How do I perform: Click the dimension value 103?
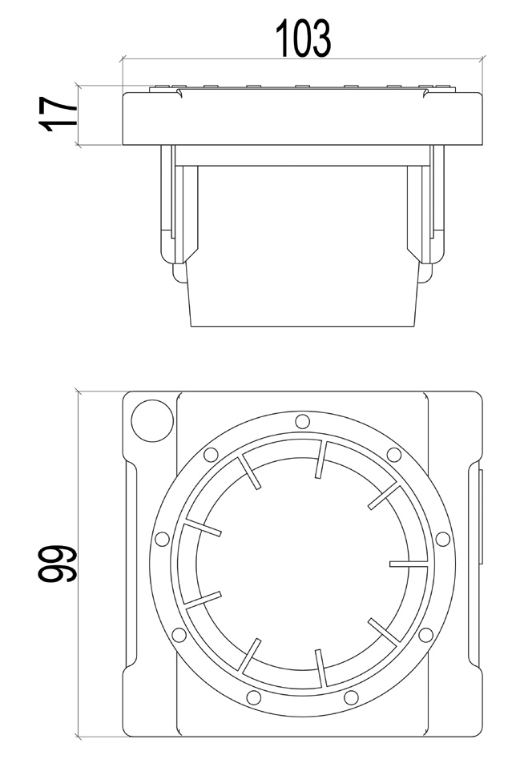tap(303, 39)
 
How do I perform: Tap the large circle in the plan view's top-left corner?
tap(152, 420)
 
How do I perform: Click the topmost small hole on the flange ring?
tap(302, 420)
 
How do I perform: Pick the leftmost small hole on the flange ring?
tap(161, 539)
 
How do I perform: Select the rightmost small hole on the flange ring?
tap(442, 538)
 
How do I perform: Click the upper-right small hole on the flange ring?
tap(394, 455)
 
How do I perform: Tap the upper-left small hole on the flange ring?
tap(210, 455)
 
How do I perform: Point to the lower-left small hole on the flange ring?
tap(179, 634)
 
